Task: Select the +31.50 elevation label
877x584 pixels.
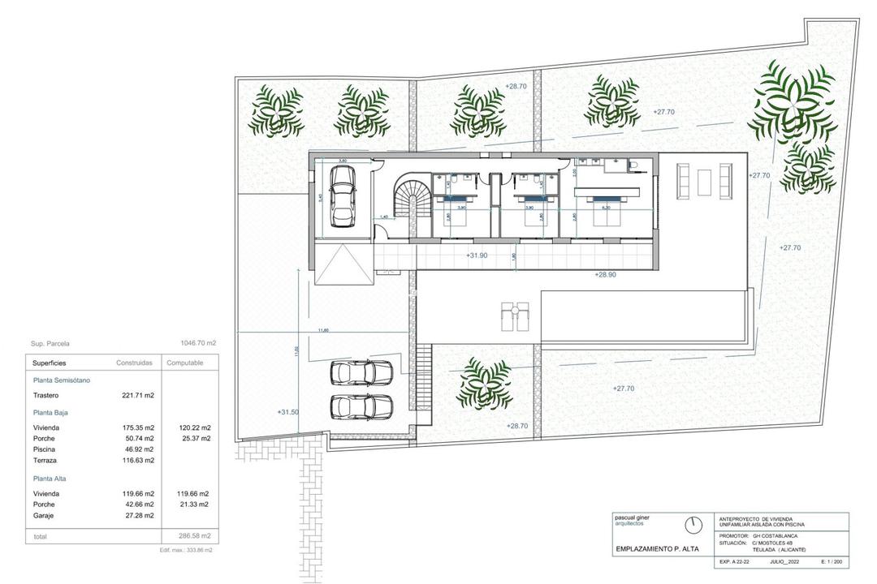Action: pyautogui.click(x=288, y=412)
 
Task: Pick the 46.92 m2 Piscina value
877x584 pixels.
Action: pyautogui.click(x=139, y=449)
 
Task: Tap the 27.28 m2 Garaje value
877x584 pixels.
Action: pyautogui.click(x=139, y=514)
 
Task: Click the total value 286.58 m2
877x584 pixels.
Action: pyautogui.click(x=193, y=536)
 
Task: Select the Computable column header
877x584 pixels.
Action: pyautogui.click(x=185, y=363)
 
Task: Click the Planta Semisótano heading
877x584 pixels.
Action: pyautogui.click(x=62, y=380)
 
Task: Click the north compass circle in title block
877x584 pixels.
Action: pyautogui.click(x=693, y=526)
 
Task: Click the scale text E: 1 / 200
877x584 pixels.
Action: pyautogui.click(x=832, y=561)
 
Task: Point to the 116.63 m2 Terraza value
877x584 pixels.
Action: pyautogui.click(x=138, y=460)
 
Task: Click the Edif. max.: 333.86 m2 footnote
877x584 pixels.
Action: pyautogui.click(x=186, y=550)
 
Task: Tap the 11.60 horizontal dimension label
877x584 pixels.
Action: pyautogui.click(x=323, y=330)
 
